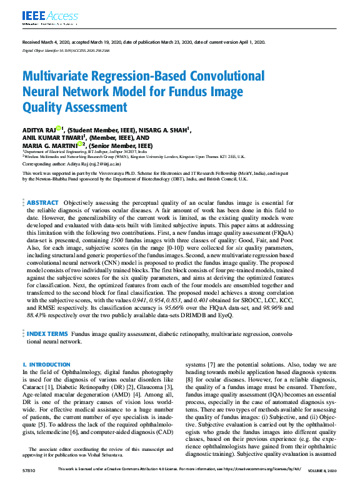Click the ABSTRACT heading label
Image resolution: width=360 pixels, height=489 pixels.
pos(42,203)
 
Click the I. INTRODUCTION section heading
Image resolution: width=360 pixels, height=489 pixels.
pos(46,364)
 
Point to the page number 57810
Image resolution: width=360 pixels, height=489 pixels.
pos(29,470)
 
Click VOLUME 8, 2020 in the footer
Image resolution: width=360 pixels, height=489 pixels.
pos(322,470)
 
